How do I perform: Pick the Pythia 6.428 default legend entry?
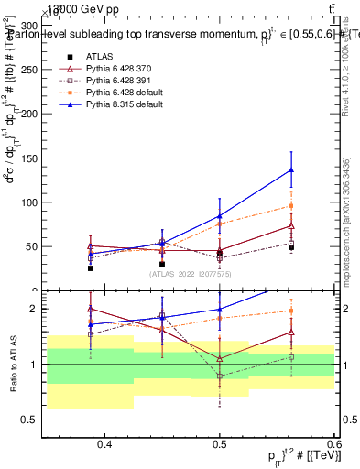pyautogui.click(x=127, y=93)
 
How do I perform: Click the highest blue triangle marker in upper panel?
pyautogui.click(x=291, y=169)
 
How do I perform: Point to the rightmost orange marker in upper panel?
pyautogui.click(x=291, y=205)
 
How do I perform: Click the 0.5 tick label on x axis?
pyautogui.click(x=220, y=444)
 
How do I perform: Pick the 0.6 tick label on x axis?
pyautogui.click(x=330, y=444)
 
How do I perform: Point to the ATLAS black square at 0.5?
pyautogui.click(x=220, y=254)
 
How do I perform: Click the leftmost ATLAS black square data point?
pyautogui.click(x=91, y=268)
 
